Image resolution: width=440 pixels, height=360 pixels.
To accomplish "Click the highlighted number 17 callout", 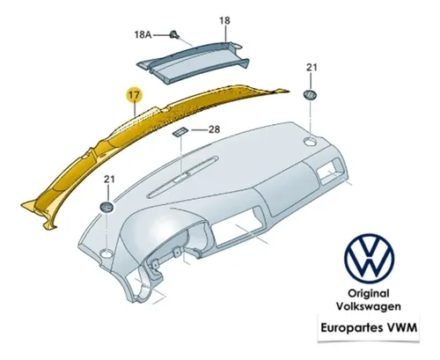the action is [x=134, y=95].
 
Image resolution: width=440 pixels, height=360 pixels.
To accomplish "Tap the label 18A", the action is [x=143, y=35].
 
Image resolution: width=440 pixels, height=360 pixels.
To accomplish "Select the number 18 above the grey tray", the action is [x=224, y=20].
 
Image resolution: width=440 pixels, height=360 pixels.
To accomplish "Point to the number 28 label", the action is [x=214, y=129].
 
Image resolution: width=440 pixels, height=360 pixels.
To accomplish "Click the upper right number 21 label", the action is [x=312, y=68].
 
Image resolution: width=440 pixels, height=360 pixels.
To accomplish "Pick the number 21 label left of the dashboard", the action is [x=109, y=179].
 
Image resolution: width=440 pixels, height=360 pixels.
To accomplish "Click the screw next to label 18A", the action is [x=174, y=34].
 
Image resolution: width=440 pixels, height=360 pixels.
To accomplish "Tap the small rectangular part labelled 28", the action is [x=180, y=132].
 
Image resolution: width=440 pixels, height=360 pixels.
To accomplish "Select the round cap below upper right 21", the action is [x=310, y=96].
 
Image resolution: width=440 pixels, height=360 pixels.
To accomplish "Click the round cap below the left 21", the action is [x=106, y=207].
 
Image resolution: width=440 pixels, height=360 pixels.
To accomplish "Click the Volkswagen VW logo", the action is [x=370, y=259].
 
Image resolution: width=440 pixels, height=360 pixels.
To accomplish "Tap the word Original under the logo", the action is [x=369, y=293].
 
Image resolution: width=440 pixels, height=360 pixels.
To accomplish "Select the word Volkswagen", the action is [x=369, y=306].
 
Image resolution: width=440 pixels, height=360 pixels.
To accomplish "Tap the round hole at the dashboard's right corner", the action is [x=311, y=141].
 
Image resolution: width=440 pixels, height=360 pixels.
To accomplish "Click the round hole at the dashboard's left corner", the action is [x=106, y=253].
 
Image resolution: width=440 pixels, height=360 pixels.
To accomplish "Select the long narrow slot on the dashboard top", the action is [x=183, y=176].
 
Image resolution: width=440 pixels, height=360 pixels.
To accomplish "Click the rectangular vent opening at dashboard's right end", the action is [x=332, y=172].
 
